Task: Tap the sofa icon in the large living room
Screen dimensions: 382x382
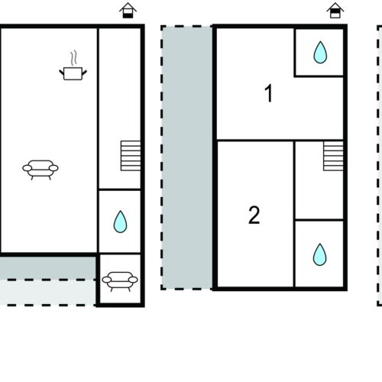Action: coord(40,170)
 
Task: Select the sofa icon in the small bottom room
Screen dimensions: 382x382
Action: coord(120,281)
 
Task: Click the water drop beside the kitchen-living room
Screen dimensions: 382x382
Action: coord(120,222)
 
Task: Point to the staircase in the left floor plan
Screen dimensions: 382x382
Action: coord(131,156)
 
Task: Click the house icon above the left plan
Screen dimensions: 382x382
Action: coord(128,10)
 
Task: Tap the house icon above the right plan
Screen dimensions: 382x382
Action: coord(335,10)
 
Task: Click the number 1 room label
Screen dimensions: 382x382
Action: coord(269,93)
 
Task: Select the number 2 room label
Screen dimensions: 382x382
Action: coord(254,215)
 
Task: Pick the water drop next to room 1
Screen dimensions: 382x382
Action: coord(320,52)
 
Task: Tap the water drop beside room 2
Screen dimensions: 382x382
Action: coord(319,254)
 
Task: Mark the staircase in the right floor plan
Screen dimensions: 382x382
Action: coord(333,156)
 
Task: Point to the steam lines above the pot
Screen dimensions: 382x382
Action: coord(73,58)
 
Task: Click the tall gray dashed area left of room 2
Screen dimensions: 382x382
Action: coord(187,157)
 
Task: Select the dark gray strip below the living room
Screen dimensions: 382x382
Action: coord(48,267)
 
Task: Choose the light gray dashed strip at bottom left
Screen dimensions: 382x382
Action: coord(48,293)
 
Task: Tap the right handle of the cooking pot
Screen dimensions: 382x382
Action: coord(84,73)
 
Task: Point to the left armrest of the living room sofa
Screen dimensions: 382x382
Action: coord(28,168)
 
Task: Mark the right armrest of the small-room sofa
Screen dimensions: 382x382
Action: coord(133,280)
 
